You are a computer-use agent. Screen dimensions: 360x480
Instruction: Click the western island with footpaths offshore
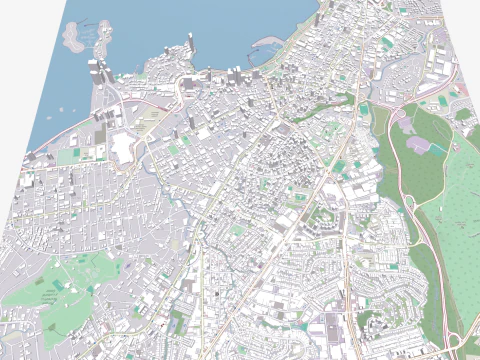[x=74, y=38]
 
